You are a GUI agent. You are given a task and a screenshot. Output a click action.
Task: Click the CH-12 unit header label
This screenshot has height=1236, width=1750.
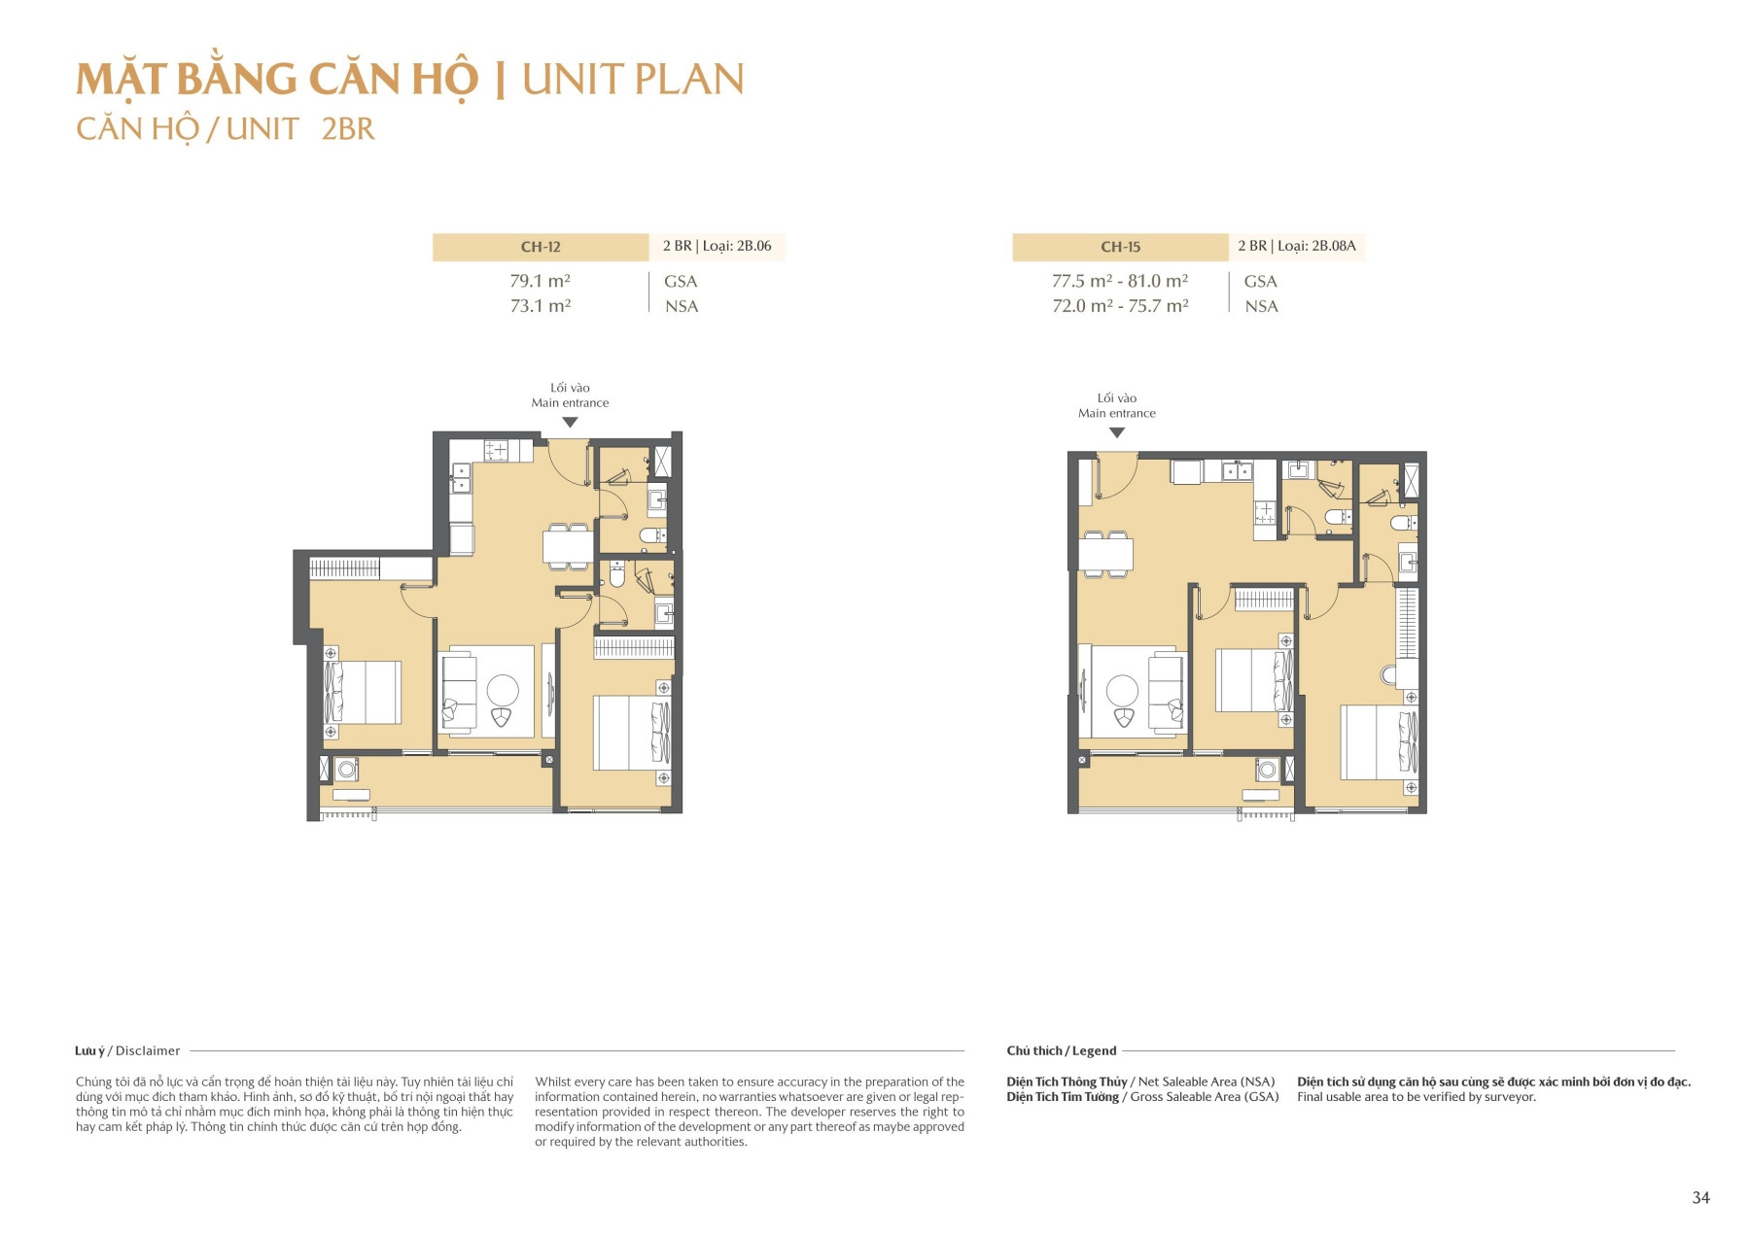click(541, 247)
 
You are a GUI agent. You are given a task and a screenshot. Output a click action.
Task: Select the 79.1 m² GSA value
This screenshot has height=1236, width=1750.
click(540, 281)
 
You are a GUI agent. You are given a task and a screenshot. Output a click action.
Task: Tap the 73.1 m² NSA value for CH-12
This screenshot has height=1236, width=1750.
click(540, 306)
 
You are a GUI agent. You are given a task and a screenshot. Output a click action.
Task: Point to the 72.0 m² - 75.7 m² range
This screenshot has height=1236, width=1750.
click(1120, 306)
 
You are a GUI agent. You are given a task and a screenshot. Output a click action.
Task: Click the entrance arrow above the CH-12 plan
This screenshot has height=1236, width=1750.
click(571, 423)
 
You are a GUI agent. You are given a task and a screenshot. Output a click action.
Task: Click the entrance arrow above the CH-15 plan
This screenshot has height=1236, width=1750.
click(1117, 433)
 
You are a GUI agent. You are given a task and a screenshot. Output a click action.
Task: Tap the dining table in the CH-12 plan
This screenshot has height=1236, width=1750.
click(568, 546)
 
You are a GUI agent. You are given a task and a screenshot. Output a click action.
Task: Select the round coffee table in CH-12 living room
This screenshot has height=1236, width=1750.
click(503, 691)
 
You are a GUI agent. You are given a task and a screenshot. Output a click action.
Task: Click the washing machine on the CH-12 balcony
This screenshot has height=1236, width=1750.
click(347, 770)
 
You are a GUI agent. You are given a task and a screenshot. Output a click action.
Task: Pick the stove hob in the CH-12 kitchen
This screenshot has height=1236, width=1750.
click(497, 450)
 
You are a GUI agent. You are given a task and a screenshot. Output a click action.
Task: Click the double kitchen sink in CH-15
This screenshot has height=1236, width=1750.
click(1238, 472)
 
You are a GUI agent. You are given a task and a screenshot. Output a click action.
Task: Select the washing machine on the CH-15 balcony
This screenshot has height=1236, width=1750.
click(1267, 771)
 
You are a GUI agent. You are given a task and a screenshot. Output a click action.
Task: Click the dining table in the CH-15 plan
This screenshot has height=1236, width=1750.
click(1105, 554)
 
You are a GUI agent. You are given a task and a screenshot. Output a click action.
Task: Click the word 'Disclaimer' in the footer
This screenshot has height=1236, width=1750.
click(148, 1050)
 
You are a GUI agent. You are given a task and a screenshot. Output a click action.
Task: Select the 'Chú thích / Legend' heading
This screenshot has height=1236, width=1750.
click(1061, 1050)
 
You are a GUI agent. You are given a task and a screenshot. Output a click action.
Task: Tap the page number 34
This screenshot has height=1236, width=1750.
click(1700, 1197)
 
